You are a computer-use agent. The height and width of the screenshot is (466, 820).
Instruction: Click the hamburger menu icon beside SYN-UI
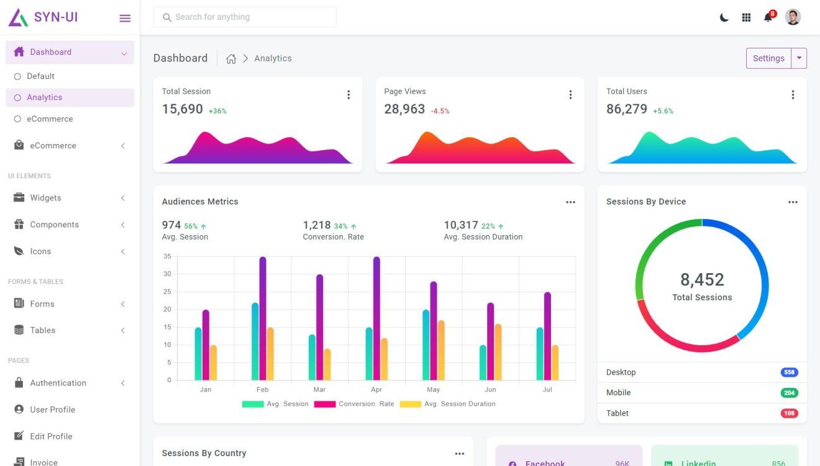[x=125, y=18]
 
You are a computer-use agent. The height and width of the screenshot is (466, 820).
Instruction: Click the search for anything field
[x=245, y=17]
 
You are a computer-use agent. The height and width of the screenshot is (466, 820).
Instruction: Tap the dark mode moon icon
[x=724, y=17]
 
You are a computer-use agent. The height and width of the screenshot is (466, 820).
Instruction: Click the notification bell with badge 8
[x=768, y=17]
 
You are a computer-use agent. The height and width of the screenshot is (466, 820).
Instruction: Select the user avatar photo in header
[x=793, y=17]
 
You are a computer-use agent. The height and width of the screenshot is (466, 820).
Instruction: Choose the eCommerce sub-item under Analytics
[x=50, y=119]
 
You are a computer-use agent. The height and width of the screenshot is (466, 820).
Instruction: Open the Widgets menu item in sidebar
[x=45, y=198]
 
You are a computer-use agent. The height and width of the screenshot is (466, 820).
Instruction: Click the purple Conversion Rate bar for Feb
[x=263, y=318]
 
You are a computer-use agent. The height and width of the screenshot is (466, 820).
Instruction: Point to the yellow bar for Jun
[x=498, y=352]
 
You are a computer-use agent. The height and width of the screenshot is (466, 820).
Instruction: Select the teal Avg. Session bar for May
[x=426, y=345]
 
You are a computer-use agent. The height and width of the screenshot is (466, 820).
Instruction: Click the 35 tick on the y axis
[x=167, y=256]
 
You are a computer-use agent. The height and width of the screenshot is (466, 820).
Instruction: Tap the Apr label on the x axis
[x=376, y=390]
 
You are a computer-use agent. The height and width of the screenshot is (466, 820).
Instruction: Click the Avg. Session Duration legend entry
[x=460, y=404]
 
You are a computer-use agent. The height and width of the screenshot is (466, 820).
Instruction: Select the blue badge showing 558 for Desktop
[x=789, y=372]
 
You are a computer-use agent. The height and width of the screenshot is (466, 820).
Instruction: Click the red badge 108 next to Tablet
[x=789, y=413]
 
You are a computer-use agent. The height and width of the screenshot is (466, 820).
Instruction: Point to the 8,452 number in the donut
[x=702, y=280]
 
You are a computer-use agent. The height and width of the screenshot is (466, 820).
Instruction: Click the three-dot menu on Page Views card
[x=570, y=95]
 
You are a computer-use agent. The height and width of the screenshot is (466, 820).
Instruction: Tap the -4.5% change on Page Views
[x=440, y=111]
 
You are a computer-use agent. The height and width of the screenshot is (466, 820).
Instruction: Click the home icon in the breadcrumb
[x=231, y=59]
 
